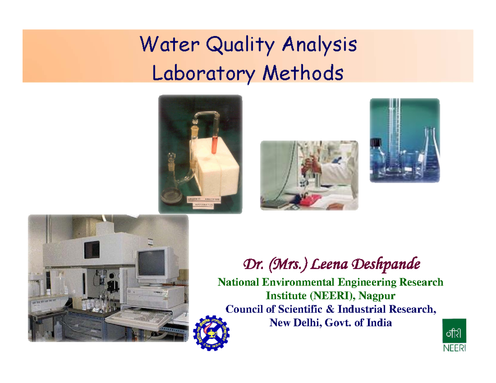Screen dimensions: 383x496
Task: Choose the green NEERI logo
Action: [454, 335]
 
